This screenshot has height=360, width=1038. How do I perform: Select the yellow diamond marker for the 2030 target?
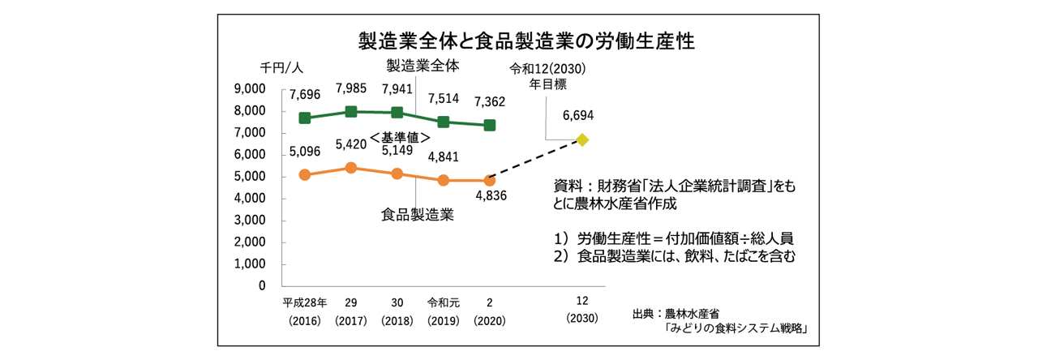[581, 139]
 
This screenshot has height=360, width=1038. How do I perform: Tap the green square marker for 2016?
[305, 118]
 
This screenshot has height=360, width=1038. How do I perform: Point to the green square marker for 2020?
[490, 125]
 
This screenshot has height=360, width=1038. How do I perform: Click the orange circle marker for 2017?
[351, 168]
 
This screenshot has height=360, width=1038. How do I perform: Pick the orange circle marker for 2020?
[490, 180]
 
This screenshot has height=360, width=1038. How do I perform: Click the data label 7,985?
[351, 88]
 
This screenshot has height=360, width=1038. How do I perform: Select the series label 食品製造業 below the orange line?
[417, 215]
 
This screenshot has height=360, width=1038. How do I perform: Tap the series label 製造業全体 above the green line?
[422, 65]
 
